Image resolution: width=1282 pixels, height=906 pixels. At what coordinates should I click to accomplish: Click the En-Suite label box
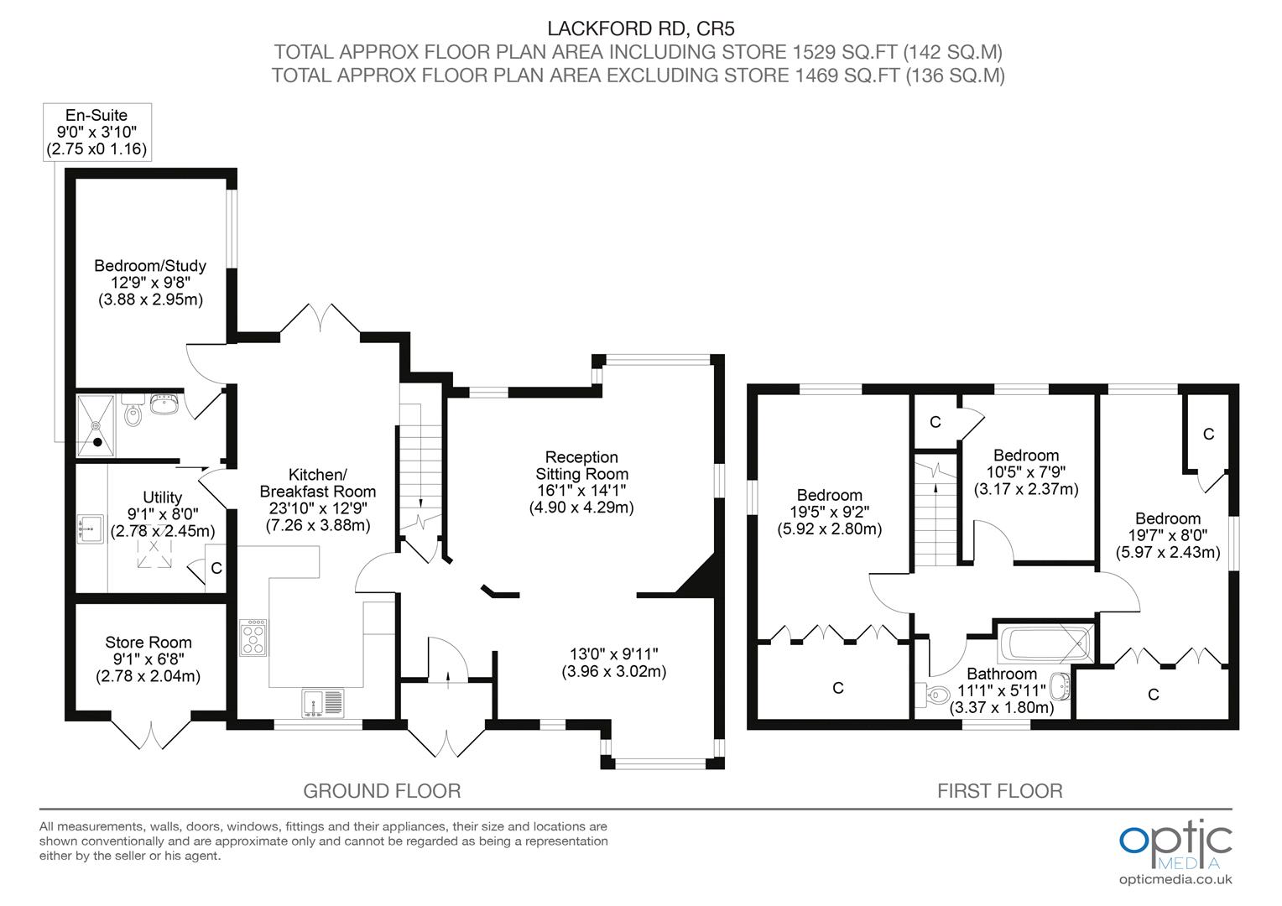(x=96, y=132)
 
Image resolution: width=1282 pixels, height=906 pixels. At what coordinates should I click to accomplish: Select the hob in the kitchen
(x=253, y=638)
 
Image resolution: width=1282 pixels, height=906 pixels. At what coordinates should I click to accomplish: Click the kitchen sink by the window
(x=322, y=703)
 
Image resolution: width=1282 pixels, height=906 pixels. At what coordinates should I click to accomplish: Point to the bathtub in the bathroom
(x=1044, y=644)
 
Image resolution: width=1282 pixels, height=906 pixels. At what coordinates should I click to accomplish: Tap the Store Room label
(x=149, y=659)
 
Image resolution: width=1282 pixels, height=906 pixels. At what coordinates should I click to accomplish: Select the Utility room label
(x=162, y=513)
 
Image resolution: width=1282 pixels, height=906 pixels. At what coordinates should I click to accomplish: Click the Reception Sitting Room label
(x=581, y=482)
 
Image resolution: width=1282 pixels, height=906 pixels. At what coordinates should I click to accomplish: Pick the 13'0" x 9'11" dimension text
(x=613, y=662)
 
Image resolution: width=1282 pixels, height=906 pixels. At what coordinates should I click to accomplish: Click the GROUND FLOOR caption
(x=382, y=790)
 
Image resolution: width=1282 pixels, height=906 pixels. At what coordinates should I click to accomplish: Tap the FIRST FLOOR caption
(x=999, y=790)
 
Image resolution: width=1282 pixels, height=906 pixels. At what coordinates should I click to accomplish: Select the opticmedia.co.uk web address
(x=1175, y=879)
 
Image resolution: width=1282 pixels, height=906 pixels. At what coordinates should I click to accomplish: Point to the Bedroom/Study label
(x=150, y=282)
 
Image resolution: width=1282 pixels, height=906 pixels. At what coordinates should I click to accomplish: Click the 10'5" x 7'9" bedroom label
(x=1025, y=472)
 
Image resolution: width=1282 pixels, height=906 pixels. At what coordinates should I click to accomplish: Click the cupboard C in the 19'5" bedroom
(x=836, y=688)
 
